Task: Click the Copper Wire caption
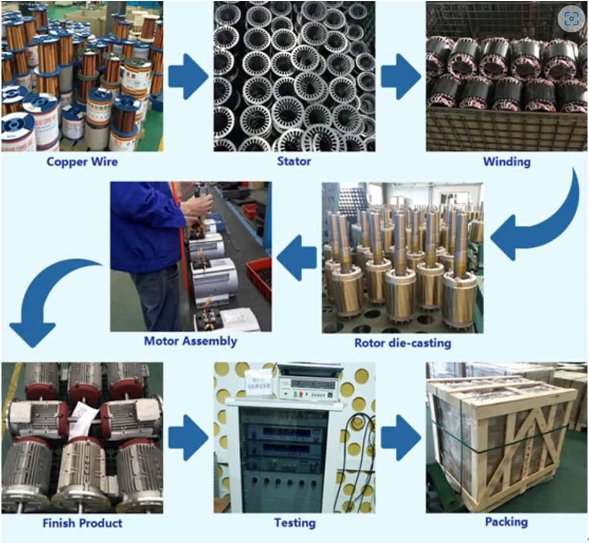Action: [82, 162]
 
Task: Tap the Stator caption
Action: [294, 161]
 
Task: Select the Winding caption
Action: [507, 162]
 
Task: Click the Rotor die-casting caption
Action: [403, 343]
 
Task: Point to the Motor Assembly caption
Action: [190, 342]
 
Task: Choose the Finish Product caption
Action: [82, 523]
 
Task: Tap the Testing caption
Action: [295, 523]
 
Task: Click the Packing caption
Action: [507, 522]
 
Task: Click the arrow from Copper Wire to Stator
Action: [188, 77]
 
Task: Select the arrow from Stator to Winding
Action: [401, 77]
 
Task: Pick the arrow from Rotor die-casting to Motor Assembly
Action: [296, 257]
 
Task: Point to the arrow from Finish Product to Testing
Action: [188, 438]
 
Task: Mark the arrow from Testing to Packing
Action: [401, 438]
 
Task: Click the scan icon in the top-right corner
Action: [571, 18]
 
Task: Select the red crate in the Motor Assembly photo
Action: [259, 278]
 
